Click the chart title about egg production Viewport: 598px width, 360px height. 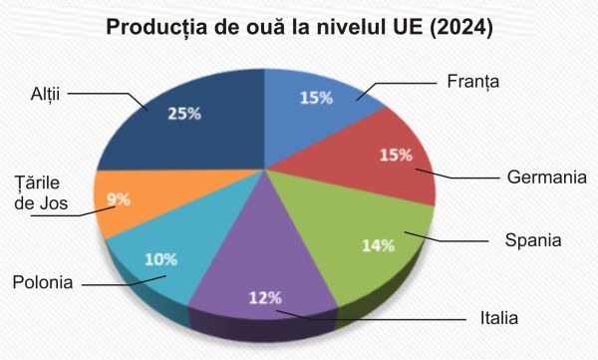coord(299,27)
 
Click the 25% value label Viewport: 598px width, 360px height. coord(184,114)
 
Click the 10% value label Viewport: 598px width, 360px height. coord(161,261)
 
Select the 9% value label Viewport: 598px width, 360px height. coord(119,198)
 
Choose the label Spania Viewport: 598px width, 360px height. coord(533,240)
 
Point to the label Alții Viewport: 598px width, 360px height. coord(47,93)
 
